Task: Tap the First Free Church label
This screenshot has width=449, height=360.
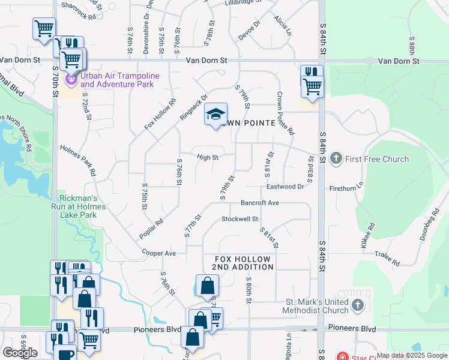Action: point(377,159)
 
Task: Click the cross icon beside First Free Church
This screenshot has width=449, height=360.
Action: point(336,158)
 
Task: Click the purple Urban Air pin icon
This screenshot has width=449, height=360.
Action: point(71,78)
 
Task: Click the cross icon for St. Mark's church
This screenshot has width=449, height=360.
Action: point(358,305)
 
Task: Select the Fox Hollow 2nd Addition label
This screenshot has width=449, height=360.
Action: point(244,263)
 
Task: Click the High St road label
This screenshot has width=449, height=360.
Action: point(207,157)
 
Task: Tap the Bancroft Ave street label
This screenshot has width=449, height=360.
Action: point(260,203)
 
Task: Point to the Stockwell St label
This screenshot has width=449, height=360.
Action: point(240,219)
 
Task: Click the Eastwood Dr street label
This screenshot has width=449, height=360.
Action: point(285,187)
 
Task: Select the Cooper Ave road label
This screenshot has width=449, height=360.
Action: point(159,253)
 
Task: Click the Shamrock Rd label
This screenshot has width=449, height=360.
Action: point(79,17)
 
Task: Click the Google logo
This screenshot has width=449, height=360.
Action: point(20,353)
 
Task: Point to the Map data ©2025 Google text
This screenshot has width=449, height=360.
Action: point(411,355)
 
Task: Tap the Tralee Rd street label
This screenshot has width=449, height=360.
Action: point(388,259)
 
